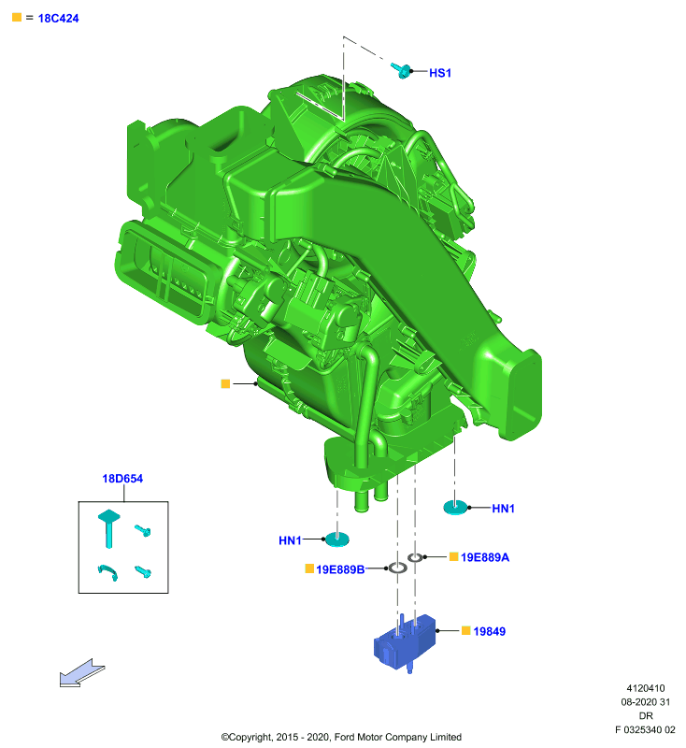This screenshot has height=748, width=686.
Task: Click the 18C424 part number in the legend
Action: coord(58,18)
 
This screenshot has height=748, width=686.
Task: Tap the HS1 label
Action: coord(440,73)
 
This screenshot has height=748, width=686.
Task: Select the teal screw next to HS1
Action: coord(401,71)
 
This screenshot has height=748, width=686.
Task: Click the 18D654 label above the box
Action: coord(122,479)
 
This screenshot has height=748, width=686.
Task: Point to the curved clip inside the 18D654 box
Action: coord(108,571)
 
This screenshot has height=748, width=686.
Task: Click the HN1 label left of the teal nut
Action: coord(290,540)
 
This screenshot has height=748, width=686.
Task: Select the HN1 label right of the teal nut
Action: coord(504,509)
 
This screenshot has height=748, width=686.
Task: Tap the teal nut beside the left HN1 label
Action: coord(337,539)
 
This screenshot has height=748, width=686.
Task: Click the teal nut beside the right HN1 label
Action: coord(455,507)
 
